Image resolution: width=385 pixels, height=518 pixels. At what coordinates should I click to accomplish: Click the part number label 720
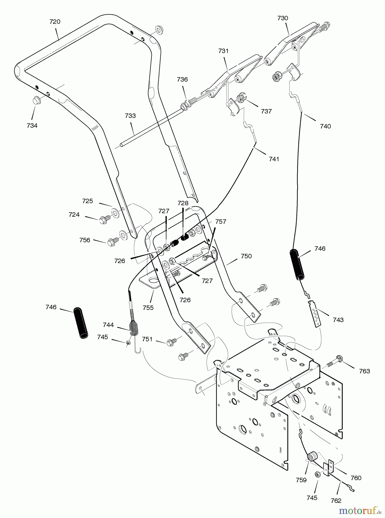point(55,22)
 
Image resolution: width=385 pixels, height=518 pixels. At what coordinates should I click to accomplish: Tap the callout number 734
point(32,125)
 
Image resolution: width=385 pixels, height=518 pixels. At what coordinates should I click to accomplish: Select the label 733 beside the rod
point(130,116)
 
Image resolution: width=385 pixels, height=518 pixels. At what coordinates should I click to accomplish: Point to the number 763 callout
point(364,371)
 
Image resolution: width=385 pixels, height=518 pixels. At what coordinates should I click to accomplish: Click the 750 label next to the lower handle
point(246,256)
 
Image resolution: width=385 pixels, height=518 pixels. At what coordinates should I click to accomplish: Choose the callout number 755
point(148,308)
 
